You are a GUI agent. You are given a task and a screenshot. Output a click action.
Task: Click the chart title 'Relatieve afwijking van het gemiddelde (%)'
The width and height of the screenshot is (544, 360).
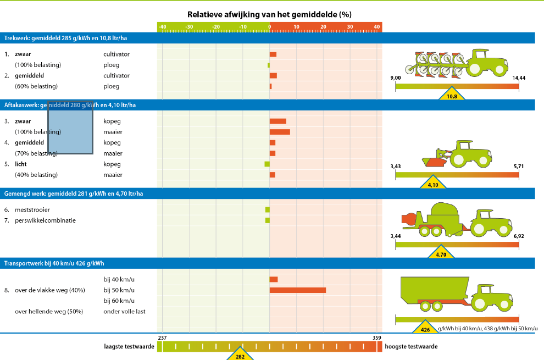[x=269, y=14]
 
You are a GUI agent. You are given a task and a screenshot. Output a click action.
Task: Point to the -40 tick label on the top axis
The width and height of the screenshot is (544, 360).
[x=162, y=27]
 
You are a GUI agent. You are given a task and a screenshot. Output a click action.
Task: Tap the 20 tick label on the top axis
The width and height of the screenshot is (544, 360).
[x=323, y=27]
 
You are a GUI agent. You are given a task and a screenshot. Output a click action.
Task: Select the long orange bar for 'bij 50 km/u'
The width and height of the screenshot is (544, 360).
[x=297, y=290]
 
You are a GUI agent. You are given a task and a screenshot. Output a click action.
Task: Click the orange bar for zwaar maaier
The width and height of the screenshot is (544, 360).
[x=280, y=132]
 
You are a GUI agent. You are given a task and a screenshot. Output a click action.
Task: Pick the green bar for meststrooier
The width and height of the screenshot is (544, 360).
[x=267, y=209]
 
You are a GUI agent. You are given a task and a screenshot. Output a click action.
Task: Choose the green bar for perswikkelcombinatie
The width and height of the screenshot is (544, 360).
[x=267, y=220]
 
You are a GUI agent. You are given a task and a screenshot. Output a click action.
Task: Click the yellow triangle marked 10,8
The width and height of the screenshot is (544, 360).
[x=452, y=95]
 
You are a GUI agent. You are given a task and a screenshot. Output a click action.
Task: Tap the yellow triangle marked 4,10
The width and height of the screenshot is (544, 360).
[x=433, y=184]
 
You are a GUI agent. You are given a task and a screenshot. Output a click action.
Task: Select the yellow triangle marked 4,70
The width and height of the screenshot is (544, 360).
[x=441, y=253]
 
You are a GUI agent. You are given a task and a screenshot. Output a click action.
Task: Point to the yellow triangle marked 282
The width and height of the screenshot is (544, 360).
[x=240, y=355]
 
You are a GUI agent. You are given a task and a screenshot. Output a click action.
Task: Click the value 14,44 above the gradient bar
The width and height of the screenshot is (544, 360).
[x=518, y=77]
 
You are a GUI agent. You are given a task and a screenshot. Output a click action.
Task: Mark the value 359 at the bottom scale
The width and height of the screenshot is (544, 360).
[x=376, y=337]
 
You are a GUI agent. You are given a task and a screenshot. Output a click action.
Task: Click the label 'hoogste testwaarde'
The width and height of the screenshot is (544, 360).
[x=411, y=347]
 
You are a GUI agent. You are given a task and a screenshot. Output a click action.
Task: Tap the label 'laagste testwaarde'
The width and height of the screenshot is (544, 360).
[x=129, y=347]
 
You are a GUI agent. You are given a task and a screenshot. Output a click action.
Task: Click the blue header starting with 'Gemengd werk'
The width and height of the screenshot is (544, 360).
[x=74, y=193]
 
